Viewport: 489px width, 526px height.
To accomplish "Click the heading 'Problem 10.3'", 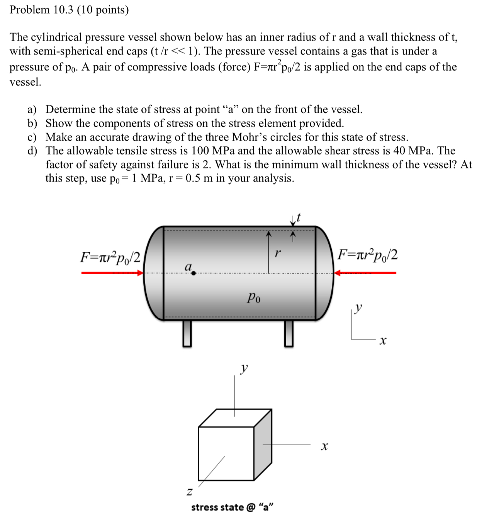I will click(x=69, y=9).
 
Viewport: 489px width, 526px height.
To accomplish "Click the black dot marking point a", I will click(x=194, y=273).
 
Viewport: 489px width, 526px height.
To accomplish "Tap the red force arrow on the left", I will click(x=112, y=273).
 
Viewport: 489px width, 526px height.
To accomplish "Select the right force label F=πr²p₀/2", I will click(x=368, y=255).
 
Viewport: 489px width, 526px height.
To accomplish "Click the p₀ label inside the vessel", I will click(x=254, y=298).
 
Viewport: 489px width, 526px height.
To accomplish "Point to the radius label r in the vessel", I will click(x=277, y=253).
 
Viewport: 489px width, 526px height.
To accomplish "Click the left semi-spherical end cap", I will click(x=154, y=273).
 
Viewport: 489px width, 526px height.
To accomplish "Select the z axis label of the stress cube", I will click(x=189, y=492).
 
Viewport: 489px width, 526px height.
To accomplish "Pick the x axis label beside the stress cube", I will click(x=324, y=446).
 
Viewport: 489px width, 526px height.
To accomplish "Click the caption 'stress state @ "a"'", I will click(x=232, y=507).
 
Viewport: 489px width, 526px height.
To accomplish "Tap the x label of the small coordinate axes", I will click(x=382, y=341).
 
